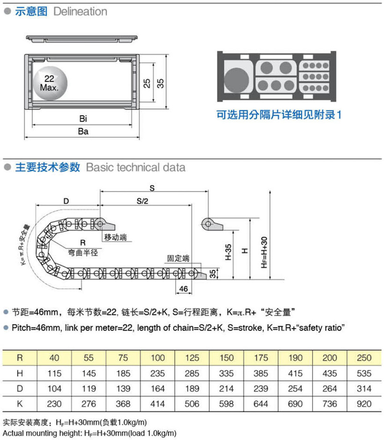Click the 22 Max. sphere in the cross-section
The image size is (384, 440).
48,83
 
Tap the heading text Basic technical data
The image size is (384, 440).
135,167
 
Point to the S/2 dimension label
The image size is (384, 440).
142,201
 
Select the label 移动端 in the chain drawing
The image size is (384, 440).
115,238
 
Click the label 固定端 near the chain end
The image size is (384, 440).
178,258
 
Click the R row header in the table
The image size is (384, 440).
19,358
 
